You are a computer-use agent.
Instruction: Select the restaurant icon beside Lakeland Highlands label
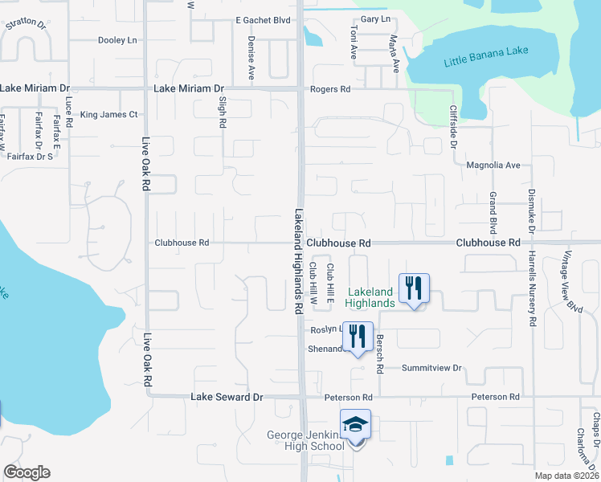[x=414, y=288]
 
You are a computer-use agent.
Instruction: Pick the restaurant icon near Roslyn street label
[x=357, y=337]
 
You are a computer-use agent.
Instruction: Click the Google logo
[x=27, y=472]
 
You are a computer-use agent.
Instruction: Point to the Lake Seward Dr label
[x=227, y=397]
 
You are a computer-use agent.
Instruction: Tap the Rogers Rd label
[x=330, y=89]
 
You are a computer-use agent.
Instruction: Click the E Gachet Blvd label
[x=262, y=19]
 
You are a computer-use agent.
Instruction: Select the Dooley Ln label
[x=117, y=39]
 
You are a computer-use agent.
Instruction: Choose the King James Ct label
[x=109, y=115]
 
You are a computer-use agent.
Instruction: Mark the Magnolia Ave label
[x=493, y=165]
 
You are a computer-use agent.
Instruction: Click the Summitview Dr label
[x=433, y=368]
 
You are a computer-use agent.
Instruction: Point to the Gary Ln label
[x=375, y=18]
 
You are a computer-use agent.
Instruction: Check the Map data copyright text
[x=566, y=476]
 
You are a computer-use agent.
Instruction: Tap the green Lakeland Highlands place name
[x=370, y=297]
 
